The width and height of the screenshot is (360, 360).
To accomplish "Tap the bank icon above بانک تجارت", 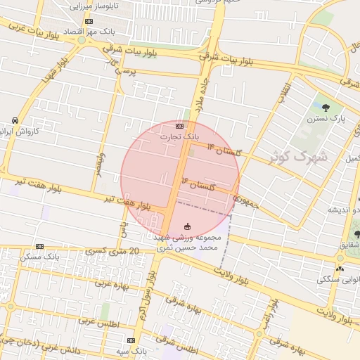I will point(179,126).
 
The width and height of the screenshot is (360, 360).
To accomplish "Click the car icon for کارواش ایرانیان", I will point(15,120).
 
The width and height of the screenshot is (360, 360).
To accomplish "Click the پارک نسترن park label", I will point(330,120).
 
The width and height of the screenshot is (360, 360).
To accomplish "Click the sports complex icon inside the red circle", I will point(187,226).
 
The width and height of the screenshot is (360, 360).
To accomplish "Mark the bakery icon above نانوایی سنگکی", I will point(340,269).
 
